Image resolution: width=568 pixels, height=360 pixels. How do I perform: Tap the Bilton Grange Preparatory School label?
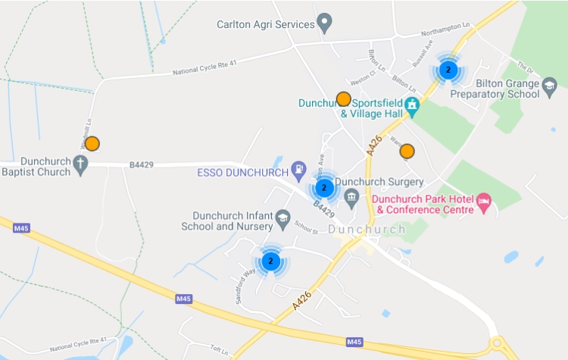(x=494, y=89)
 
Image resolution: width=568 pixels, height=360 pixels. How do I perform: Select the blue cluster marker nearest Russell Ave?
(x=448, y=70)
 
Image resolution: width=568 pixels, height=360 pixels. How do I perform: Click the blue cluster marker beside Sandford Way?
(x=270, y=261)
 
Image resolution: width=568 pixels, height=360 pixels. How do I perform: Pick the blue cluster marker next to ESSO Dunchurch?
(x=324, y=187)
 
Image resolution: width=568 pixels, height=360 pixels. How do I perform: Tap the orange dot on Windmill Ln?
(x=92, y=143)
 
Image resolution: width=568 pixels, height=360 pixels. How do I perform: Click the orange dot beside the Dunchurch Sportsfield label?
(x=343, y=99)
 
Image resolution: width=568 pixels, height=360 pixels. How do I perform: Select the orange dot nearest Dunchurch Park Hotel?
(x=407, y=151)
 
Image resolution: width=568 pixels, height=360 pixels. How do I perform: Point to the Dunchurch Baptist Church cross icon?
(x=81, y=164)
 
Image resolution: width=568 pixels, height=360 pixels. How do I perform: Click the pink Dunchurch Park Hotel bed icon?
(x=483, y=202)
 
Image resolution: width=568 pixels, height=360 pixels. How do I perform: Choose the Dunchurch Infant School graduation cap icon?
(x=282, y=218)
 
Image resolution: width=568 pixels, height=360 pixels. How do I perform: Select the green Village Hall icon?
(x=412, y=105)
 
